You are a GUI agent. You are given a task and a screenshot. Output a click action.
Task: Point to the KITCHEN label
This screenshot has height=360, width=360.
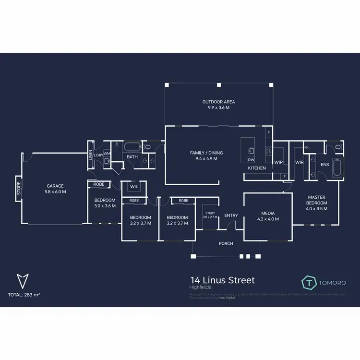(x=257, y=168)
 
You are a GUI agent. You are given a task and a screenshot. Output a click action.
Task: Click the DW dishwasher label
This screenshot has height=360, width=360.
(x=251, y=159)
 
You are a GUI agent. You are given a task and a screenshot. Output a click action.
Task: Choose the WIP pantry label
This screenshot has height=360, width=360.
(x=278, y=162)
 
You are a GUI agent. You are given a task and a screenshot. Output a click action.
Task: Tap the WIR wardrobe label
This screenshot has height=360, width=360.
(x=300, y=162)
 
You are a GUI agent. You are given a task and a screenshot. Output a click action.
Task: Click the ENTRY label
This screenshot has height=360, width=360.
(x=231, y=216)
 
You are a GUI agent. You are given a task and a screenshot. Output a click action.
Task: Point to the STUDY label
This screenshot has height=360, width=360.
(x=210, y=213)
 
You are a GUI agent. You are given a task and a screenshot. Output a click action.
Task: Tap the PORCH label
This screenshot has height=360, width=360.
(x=226, y=243)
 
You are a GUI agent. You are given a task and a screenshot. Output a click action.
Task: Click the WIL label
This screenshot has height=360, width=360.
(x=134, y=186)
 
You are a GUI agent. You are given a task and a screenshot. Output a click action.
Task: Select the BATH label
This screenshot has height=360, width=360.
(x=132, y=156)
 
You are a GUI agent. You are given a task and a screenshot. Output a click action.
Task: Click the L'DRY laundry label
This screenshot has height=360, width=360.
(x=98, y=155)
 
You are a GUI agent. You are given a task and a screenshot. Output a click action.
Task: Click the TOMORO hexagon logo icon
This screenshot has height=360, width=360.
(x=310, y=282)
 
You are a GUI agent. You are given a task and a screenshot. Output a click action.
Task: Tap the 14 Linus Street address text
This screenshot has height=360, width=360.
(x=222, y=280)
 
